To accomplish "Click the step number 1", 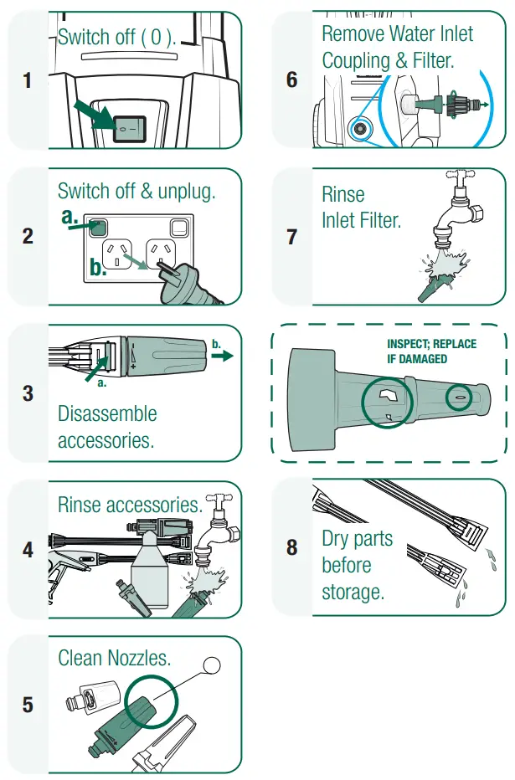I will tap(28, 80).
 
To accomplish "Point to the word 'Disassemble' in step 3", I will tap(107, 413).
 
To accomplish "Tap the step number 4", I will tap(28, 550).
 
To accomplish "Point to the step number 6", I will tap(291, 80).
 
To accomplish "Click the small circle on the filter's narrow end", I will tap(459, 398).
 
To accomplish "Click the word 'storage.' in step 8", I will tap(353, 592).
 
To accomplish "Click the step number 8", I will tap(291, 547).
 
